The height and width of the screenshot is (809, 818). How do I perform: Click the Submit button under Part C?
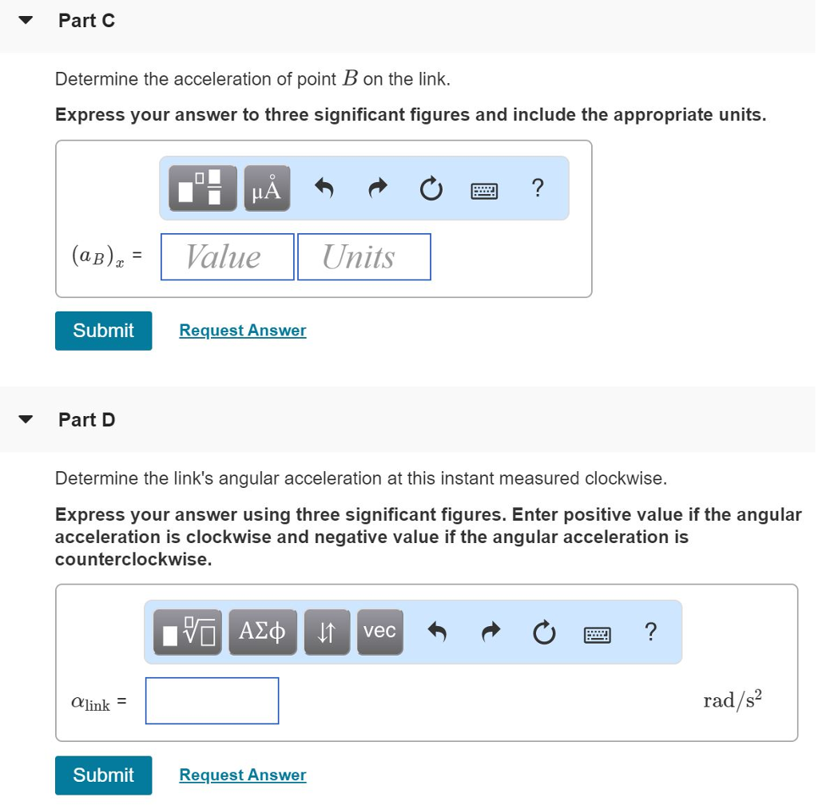point(103,331)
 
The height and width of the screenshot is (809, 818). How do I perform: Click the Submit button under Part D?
point(103,775)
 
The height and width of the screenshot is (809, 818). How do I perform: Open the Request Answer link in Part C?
point(242,331)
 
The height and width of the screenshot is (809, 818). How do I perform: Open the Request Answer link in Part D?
point(242,775)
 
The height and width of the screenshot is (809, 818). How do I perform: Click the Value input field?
point(227,256)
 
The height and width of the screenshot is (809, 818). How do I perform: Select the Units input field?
point(363,256)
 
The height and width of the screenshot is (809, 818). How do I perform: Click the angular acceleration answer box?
point(212,700)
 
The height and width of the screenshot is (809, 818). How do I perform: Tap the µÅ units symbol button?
point(267,188)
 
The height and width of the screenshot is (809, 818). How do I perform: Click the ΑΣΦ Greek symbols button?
point(262,632)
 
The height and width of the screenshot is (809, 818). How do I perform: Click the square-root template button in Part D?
point(189,632)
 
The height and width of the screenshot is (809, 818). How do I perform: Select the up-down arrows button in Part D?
point(327,632)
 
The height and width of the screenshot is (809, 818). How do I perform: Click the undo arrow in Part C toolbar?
point(323,188)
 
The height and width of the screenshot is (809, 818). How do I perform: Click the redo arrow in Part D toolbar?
point(490,632)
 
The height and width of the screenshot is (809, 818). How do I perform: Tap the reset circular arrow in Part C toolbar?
point(430,188)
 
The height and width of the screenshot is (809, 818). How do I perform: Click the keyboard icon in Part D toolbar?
point(597,633)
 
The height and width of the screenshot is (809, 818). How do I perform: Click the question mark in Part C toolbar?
point(538,188)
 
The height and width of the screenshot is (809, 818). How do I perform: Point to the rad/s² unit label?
point(733,700)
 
